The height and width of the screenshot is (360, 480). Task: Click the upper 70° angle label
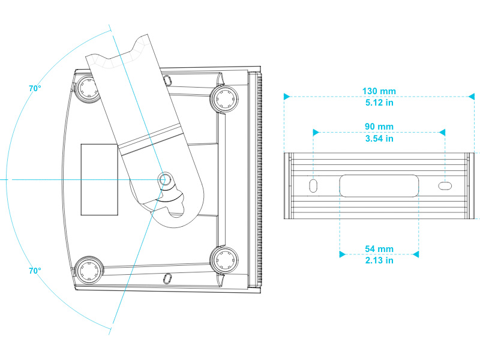[35, 88]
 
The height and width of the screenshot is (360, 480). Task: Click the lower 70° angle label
[35, 271]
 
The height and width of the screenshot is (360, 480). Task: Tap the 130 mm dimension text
[379, 91]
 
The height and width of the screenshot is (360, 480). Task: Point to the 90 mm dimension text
[379, 127]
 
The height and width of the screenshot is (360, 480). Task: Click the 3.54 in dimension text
[379, 139]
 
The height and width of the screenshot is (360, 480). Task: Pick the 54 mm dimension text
[379, 249]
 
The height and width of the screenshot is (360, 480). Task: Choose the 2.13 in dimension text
[379, 260]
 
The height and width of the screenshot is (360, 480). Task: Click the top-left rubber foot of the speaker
[88, 89]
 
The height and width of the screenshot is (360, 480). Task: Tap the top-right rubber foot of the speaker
[224, 97]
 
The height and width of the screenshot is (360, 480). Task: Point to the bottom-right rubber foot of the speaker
[224, 259]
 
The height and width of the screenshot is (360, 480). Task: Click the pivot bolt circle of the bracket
[166, 179]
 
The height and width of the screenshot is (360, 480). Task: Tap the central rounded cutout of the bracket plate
[379, 185]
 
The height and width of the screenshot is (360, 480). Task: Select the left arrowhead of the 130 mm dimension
[287, 96]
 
